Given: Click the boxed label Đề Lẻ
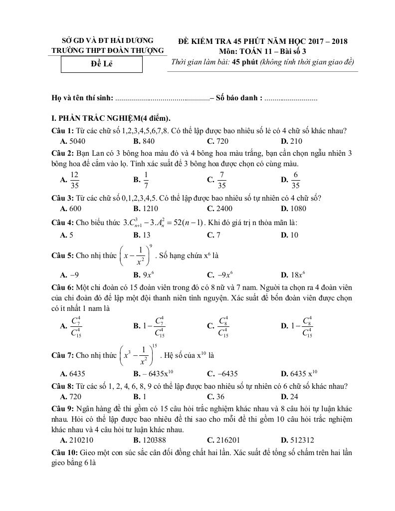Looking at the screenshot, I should pyautogui.click(x=101, y=64).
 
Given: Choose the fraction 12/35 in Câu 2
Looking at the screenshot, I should pyautogui.click(x=75, y=180).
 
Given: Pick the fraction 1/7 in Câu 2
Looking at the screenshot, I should pyautogui.click(x=146, y=180).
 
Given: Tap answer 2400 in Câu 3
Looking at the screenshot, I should pyautogui.click(x=221, y=209).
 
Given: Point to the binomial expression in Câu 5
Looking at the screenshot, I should pyautogui.click(x=136, y=255).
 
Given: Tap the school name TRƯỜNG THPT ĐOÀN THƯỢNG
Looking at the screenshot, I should pyautogui.click(x=108, y=51).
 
